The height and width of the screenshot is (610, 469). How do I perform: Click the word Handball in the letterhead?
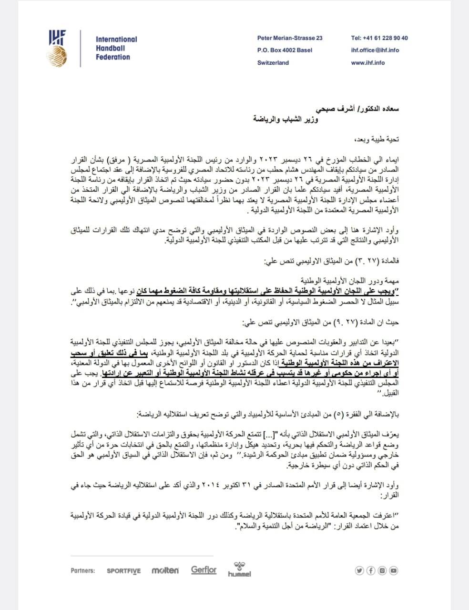click(x=110, y=48)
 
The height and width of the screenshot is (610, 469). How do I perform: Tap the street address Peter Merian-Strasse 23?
click(x=290, y=38)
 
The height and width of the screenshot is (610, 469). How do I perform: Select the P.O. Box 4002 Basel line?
click(x=285, y=50)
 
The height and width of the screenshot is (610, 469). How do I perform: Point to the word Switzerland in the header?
click(x=273, y=62)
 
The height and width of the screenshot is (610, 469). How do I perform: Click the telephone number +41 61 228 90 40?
click(x=379, y=38)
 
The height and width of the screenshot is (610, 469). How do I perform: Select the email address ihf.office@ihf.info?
click(x=375, y=50)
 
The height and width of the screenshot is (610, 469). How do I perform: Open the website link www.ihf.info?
click(x=367, y=62)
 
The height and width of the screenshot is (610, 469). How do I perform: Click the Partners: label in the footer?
click(x=82, y=570)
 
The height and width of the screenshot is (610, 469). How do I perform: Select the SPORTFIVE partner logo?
click(x=124, y=570)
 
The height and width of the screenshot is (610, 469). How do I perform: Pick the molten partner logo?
click(x=165, y=570)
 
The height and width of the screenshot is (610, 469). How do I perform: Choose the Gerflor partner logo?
click(x=204, y=570)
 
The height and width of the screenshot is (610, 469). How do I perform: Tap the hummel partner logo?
click(x=239, y=570)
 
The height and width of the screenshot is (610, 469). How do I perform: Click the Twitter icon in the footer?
click(x=360, y=570)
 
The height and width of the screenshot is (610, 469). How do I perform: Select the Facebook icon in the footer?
click(x=371, y=570)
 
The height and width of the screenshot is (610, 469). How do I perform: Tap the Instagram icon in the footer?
click(x=383, y=570)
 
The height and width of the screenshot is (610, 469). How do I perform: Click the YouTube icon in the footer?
click(x=394, y=570)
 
